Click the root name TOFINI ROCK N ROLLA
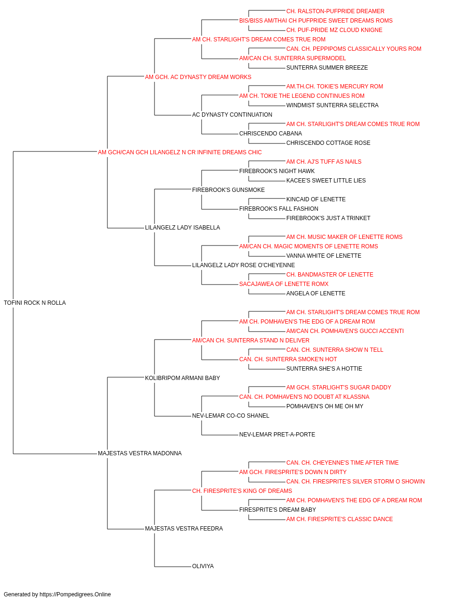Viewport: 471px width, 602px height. [x=35, y=303]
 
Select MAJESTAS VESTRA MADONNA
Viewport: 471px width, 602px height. [x=140, y=453]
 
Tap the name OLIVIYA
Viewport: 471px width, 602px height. [x=203, y=566]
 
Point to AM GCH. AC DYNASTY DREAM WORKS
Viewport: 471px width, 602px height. [x=198, y=77]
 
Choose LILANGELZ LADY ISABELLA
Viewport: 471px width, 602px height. [x=183, y=228]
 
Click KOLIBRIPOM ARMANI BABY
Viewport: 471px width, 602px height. [x=183, y=378]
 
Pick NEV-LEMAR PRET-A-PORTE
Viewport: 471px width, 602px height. [x=277, y=435]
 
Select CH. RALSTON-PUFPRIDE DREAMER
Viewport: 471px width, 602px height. [x=335, y=11]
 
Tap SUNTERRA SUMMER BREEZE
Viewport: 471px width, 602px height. [x=327, y=68]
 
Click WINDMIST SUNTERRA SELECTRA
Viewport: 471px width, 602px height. [x=333, y=105]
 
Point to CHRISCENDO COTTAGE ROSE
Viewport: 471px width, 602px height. [x=328, y=143]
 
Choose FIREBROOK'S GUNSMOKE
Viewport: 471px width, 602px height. [x=228, y=190]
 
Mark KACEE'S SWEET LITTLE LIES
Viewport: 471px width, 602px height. [x=326, y=180]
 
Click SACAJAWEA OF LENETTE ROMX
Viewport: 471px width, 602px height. [x=284, y=284]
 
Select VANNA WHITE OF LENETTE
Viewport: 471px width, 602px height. [x=324, y=256]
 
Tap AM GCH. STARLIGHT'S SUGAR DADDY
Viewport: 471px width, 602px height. [x=339, y=387]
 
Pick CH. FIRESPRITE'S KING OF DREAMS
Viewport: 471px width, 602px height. [x=242, y=491]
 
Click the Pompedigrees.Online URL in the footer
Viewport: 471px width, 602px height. [x=75, y=594]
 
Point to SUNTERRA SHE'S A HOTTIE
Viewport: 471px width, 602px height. [x=324, y=368]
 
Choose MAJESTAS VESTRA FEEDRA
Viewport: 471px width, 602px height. [x=184, y=529]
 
